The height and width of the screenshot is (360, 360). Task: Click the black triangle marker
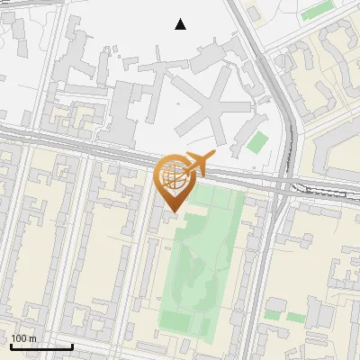click(x=181, y=24)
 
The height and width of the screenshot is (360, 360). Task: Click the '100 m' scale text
click(x=23, y=338)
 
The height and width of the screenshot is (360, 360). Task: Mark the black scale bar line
click(x=41, y=346)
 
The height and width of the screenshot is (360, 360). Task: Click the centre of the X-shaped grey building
click(x=208, y=107)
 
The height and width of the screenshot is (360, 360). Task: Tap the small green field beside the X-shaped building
click(x=257, y=142)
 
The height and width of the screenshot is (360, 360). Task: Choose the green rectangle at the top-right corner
click(x=317, y=12)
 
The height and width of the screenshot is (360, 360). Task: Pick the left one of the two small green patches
click(x=273, y=315)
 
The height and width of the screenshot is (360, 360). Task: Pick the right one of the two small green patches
click(x=296, y=317)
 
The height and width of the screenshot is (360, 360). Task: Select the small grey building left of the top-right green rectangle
click(x=253, y=15)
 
